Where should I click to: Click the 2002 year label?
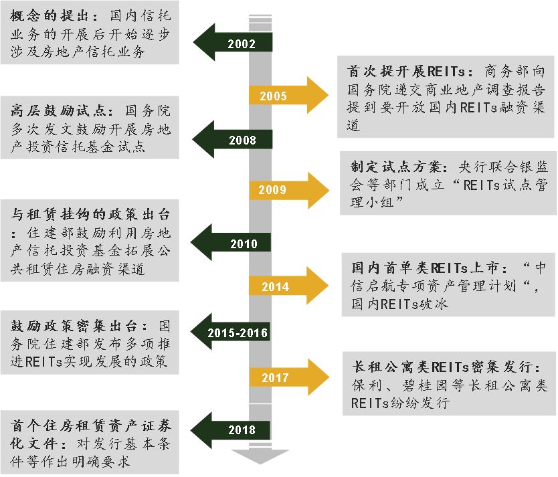242,45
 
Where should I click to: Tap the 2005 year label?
273,96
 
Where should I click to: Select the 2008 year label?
242,140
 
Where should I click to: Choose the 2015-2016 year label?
238,333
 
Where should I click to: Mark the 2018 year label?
242,429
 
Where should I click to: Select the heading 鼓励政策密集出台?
74,326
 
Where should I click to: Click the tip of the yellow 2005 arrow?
327,96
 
